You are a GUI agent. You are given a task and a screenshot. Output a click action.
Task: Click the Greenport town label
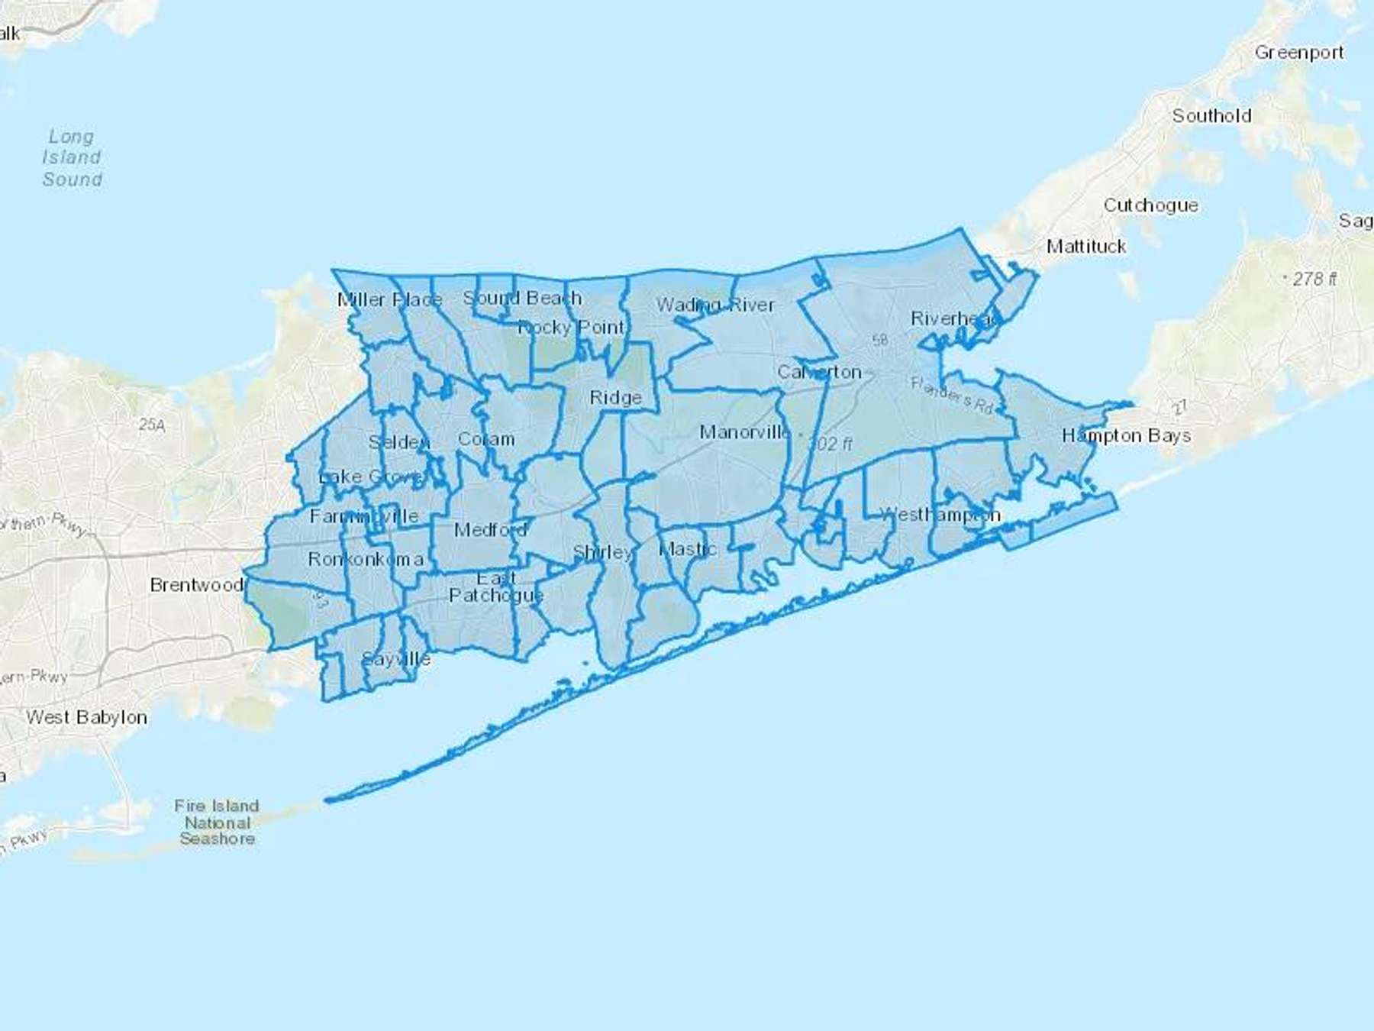point(1299,53)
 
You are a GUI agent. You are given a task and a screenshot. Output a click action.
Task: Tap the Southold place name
point(1211,116)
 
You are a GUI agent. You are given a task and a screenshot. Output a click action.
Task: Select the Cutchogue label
point(1150,205)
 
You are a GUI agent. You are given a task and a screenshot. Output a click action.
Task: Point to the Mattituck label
point(1085,247)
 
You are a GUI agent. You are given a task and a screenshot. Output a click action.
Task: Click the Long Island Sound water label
point(72,158)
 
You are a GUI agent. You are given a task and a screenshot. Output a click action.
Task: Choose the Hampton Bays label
point(1126,436)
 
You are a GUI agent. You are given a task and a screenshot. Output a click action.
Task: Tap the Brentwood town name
point(196,585)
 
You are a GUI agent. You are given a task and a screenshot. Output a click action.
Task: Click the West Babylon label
point(86,717)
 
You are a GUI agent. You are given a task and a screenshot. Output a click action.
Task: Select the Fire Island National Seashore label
point(217,823)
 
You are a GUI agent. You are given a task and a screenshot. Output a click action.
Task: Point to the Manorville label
point(745,432)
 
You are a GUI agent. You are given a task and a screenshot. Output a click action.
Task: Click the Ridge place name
point(615,398)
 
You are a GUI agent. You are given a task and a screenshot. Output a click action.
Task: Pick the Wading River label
point(714,305)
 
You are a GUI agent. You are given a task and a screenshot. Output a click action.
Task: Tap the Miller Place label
point(389,299)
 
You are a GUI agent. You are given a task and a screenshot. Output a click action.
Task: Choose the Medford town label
point(490,529)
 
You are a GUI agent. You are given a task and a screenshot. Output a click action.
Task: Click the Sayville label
point(395,659)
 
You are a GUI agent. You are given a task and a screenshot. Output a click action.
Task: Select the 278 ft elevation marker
point(1313,279)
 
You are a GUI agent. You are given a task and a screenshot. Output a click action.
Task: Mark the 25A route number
point(151,425)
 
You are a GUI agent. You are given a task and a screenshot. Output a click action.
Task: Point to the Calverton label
point(819,372)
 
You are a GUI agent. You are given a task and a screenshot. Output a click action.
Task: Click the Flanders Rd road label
point(951,396)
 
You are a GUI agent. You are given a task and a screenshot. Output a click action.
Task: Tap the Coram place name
point(485,439)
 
